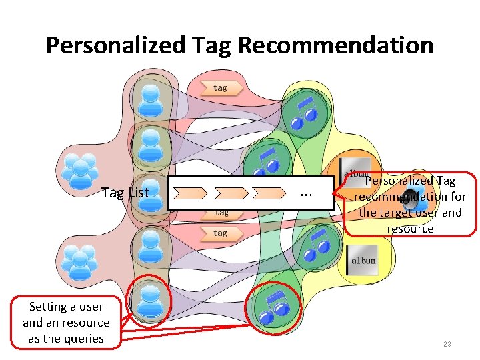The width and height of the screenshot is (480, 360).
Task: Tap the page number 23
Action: tap(447, 344)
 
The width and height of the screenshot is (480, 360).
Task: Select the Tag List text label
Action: tap(125, 193)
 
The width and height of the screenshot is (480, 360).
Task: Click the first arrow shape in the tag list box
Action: tap(190, 194)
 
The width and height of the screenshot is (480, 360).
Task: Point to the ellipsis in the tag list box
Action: tap(306, 193)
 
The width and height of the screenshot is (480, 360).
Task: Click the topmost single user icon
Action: tap(151, 98)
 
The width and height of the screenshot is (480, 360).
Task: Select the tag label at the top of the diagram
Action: tap(219, 87)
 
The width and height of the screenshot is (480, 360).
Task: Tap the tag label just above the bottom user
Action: tap(219, 233)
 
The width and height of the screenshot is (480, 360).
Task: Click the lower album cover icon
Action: tap(362, 259)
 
